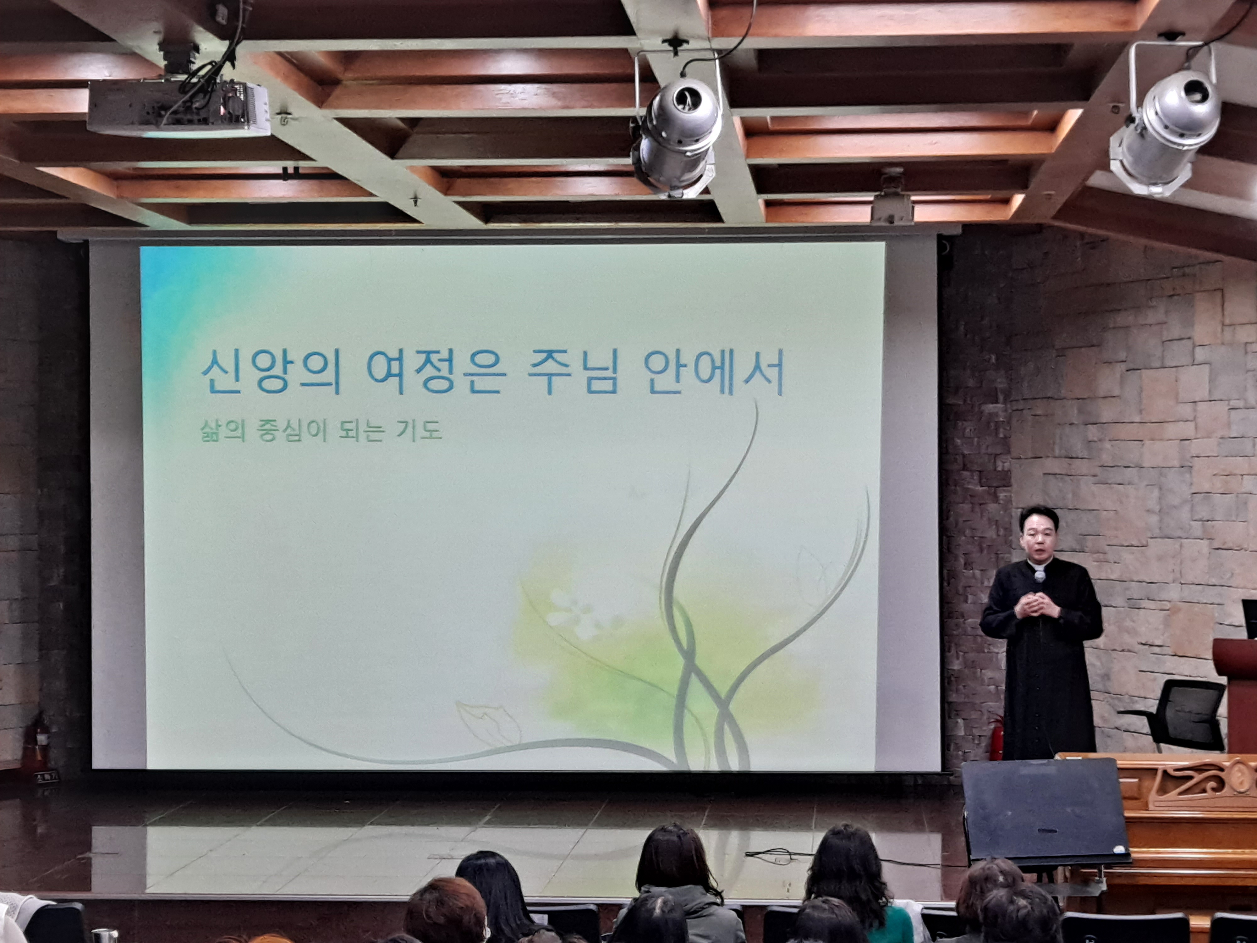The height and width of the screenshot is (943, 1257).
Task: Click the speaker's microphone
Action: [1039, 576]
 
